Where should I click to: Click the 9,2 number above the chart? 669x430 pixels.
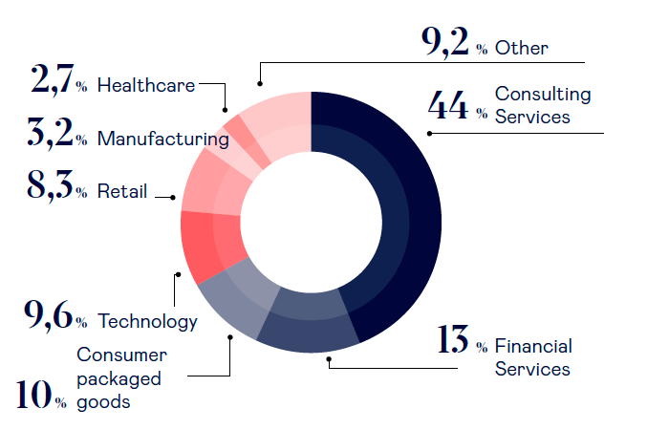pyautogui.click(x=444, y=44)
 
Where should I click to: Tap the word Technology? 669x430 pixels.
pyautogui.click(x=147, y=321)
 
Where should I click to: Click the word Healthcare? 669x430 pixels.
pyautogui.click(x=146, y=85)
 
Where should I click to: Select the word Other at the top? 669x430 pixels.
pyautogui.click(x=522, y=48)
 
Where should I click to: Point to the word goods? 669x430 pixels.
pyautogui.click(x=104, y=401)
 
